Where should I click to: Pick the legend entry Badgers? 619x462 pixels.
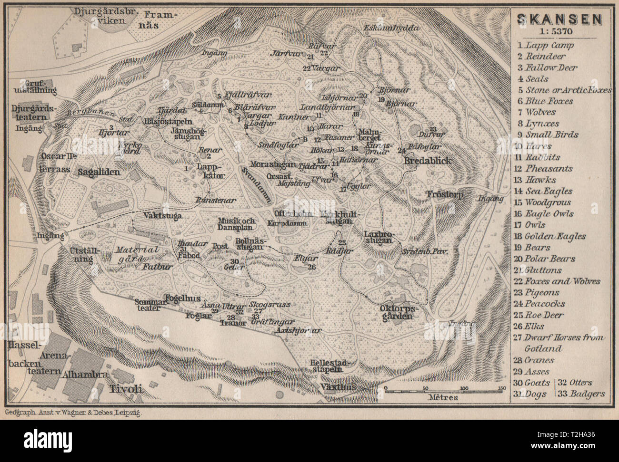(x=582, y=394)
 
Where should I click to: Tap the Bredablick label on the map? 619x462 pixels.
(x=427, y=161)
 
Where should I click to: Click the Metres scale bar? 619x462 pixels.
(x=443, y=389)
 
